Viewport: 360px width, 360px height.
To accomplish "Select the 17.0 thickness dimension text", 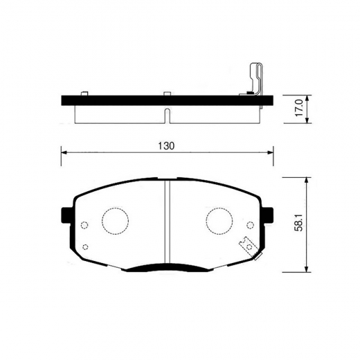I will click(298, 109).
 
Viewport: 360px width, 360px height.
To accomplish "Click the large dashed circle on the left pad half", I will click(116, 222).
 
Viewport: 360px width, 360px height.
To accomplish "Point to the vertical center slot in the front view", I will click(167, 222).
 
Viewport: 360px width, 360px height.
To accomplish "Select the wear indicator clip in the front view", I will click(246, 246).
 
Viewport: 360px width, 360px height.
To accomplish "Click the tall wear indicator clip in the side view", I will click(255, 80).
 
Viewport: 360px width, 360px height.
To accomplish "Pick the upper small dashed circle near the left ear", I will click(84, 225).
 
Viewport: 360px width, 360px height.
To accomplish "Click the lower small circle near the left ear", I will click(84, 247).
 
